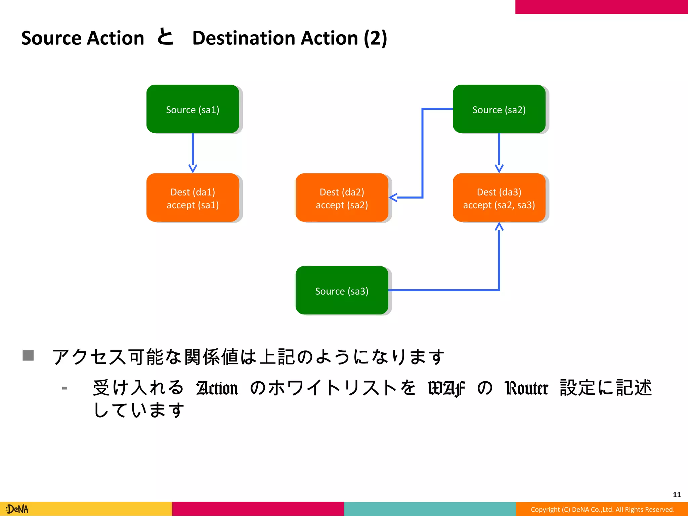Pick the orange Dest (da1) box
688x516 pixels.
[x=192, y=198]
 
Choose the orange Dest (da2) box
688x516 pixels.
[x=342, y=198]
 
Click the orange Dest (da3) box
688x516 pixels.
[x=499, y=198]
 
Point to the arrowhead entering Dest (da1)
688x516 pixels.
[x=193, y=168]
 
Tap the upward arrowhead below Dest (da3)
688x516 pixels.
[x=499, y=227]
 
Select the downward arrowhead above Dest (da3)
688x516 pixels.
[x=499, y=168]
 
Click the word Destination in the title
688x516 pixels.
[x=275, y=38]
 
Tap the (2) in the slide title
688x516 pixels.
[x=375, y=38]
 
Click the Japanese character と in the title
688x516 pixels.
[x=165, y=37]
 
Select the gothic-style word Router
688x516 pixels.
[x=526, y=388]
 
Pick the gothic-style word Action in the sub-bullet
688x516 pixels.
[x=217, y=388]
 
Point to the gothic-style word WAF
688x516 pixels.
[x=446, y=388]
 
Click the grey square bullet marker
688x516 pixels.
[x=28, y=355]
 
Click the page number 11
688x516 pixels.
[x=677, y=494]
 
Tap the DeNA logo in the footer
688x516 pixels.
[x=17, y=509]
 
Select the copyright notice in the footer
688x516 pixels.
[x=602, y=509]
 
